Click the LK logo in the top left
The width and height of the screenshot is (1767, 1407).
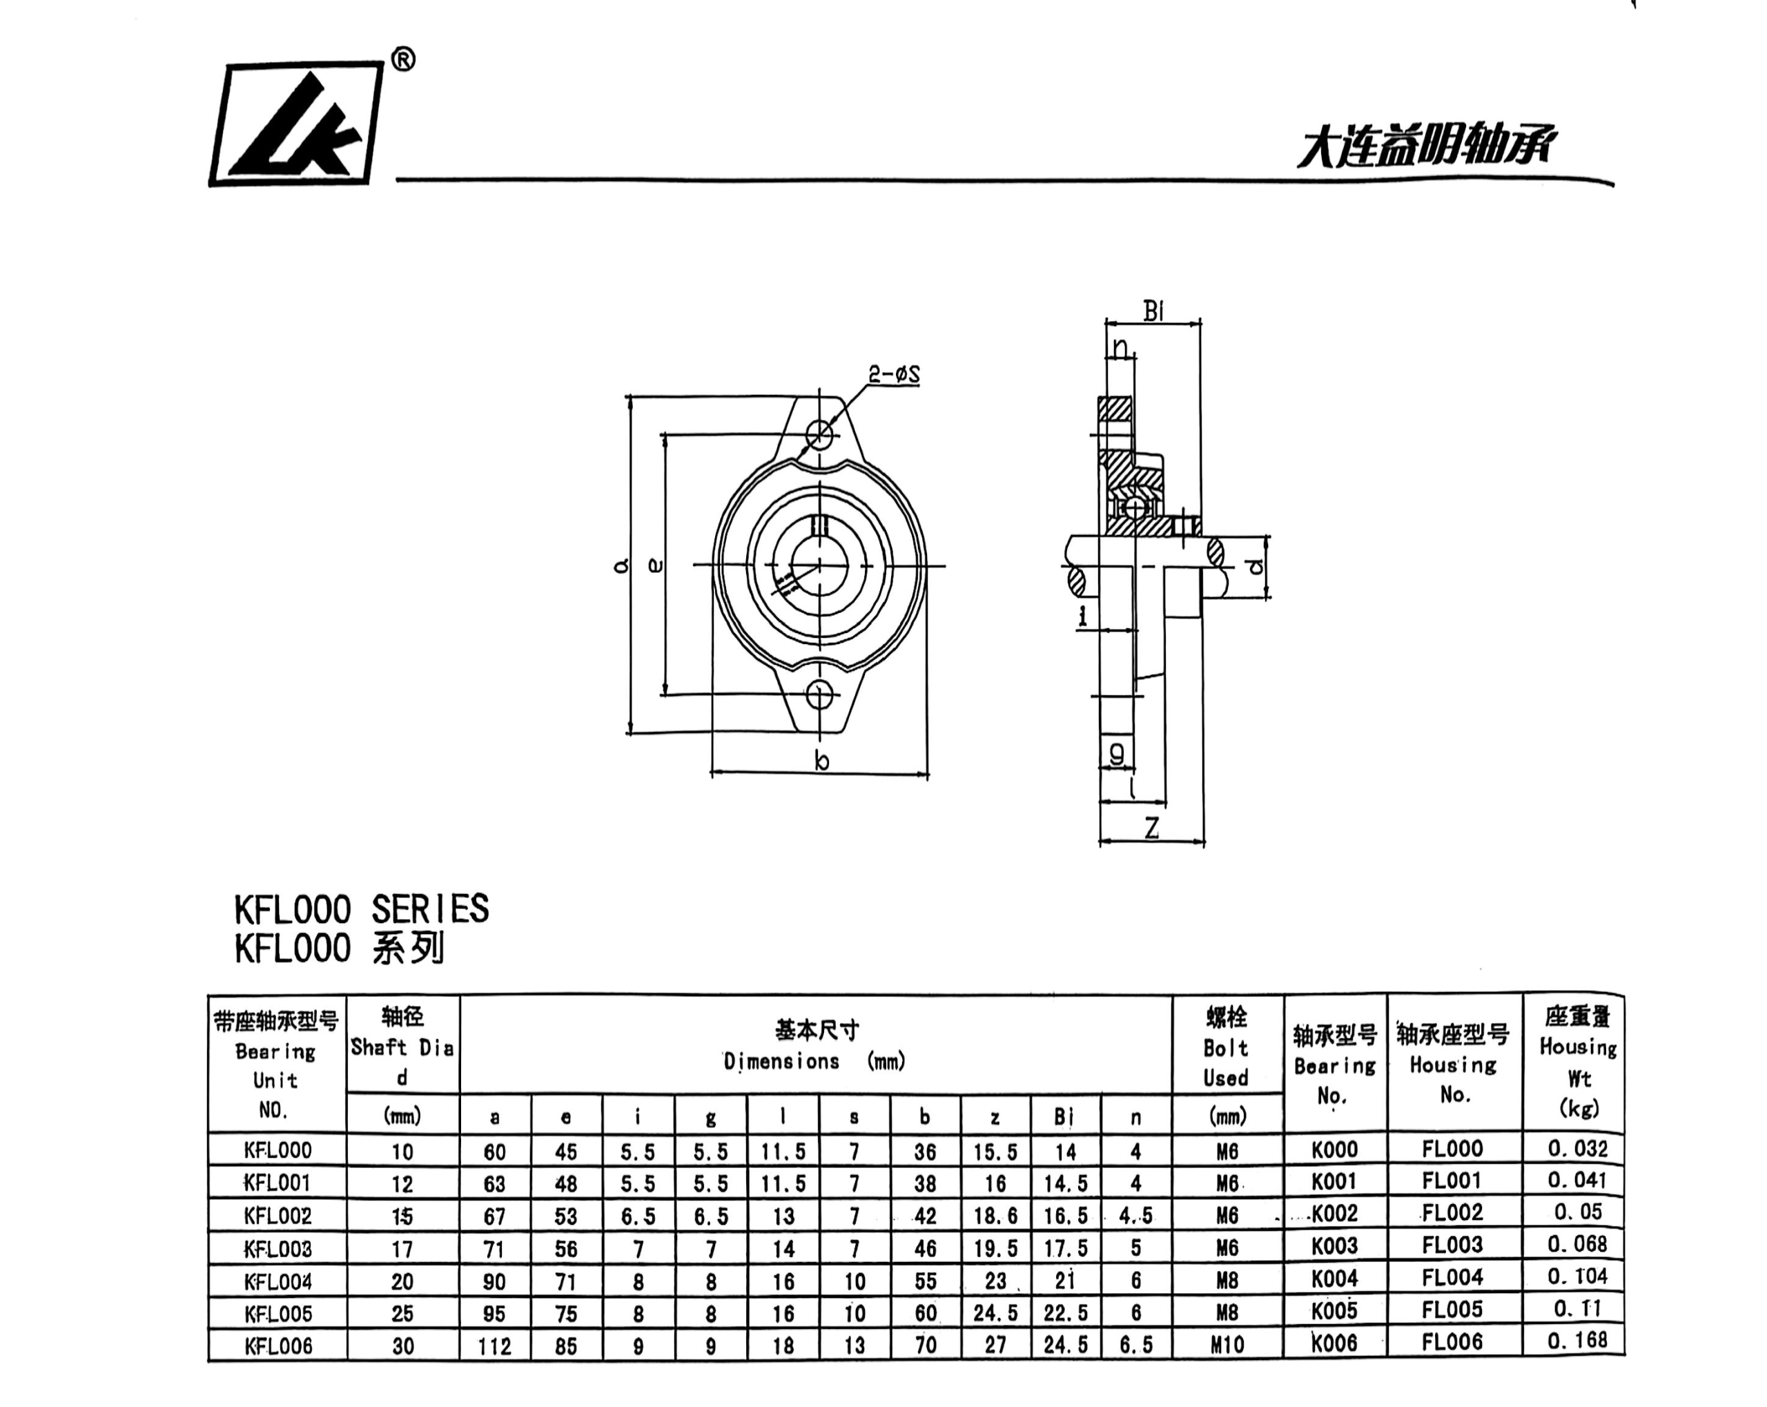(296, 123)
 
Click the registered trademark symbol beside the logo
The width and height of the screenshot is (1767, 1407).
(403, 60)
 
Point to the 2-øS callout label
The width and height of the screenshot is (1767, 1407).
(894, 375)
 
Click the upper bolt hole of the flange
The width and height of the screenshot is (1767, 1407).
(819, 433)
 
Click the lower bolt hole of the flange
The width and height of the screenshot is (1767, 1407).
(819, 695)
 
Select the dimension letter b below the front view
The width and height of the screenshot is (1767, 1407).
(821, 761)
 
